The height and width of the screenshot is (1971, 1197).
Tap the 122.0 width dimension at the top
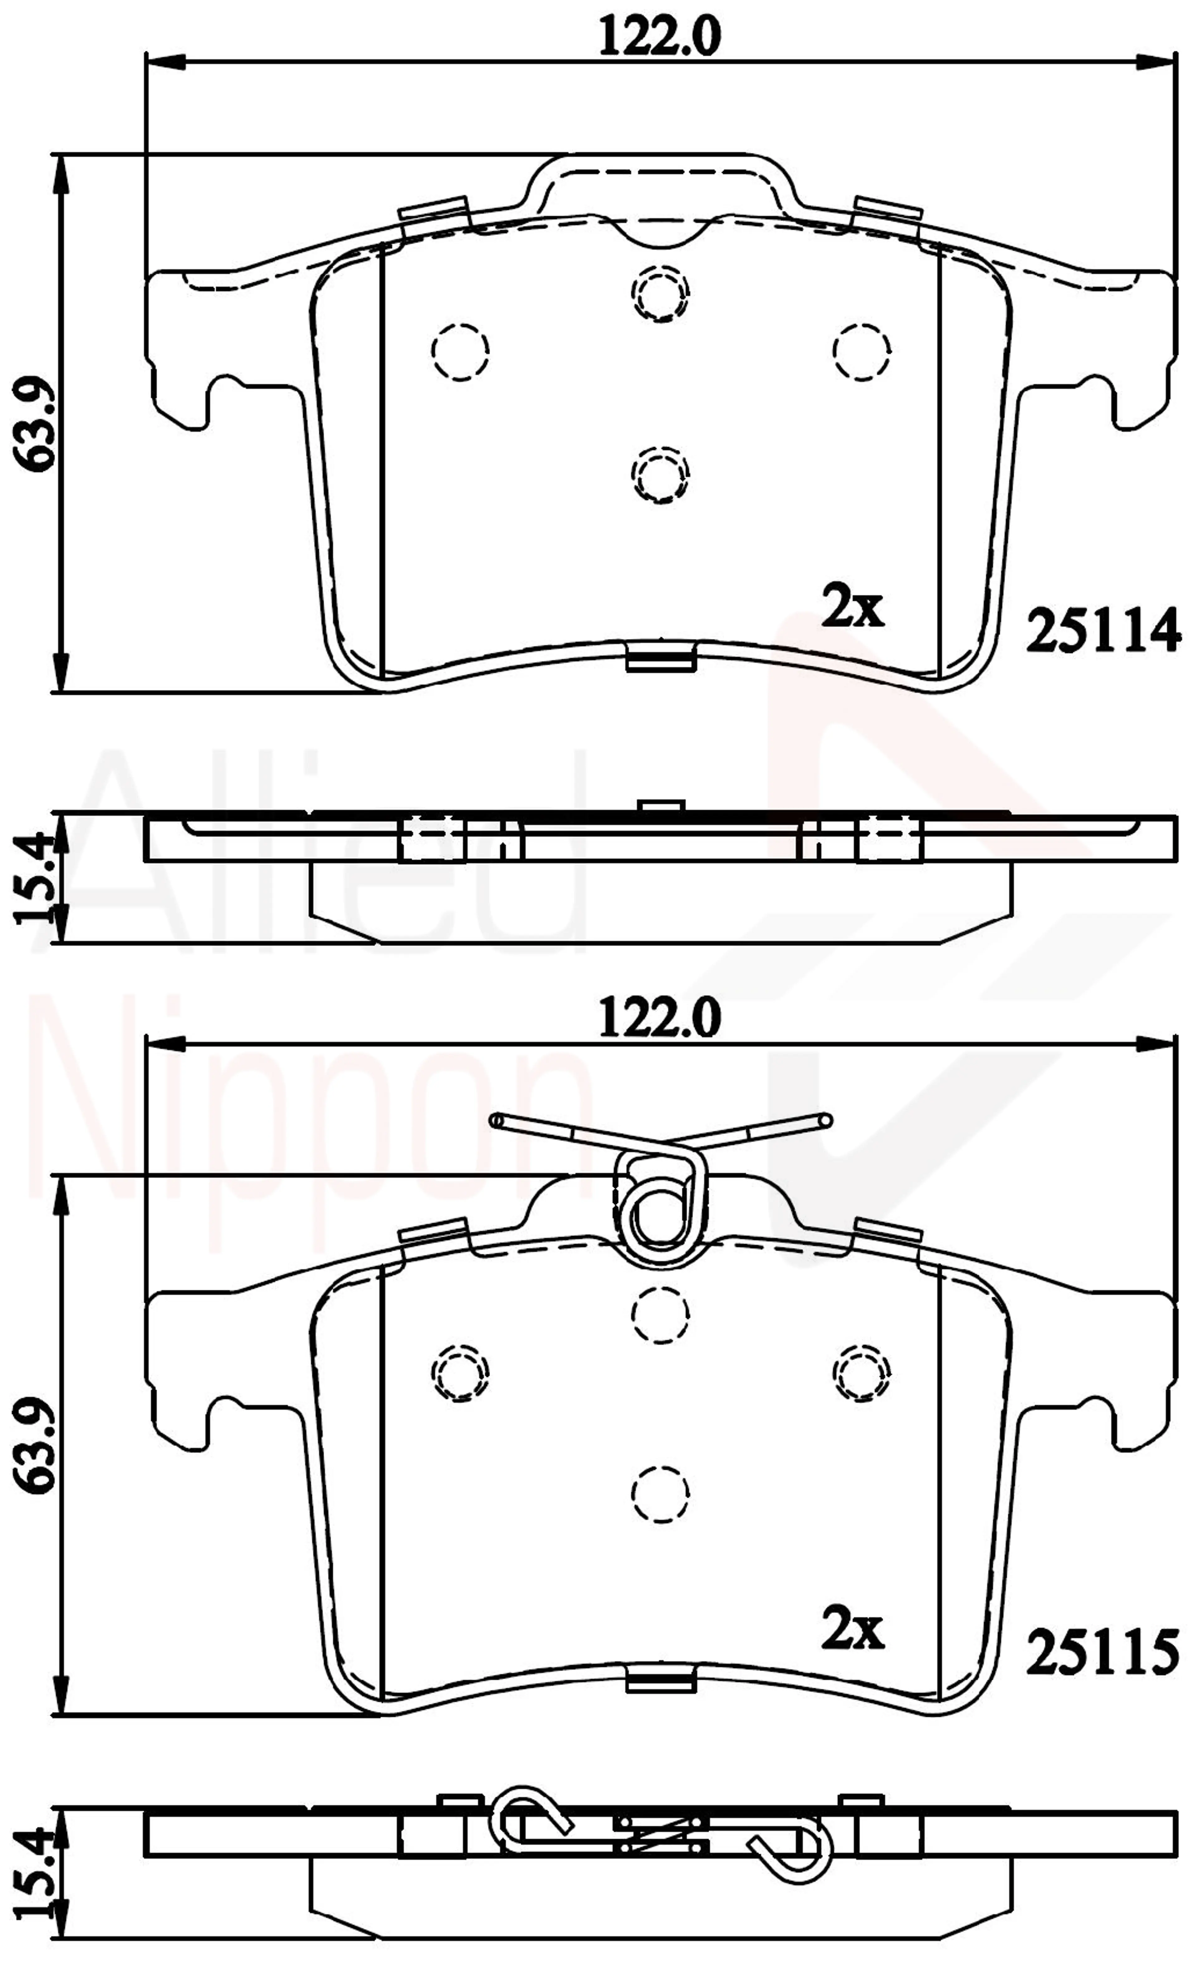(660, 38)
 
